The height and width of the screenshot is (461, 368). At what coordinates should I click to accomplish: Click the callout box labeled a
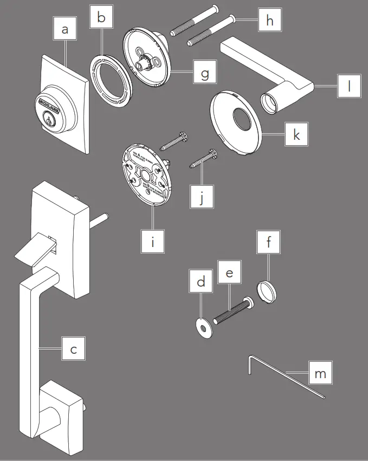[x=66, y=30]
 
